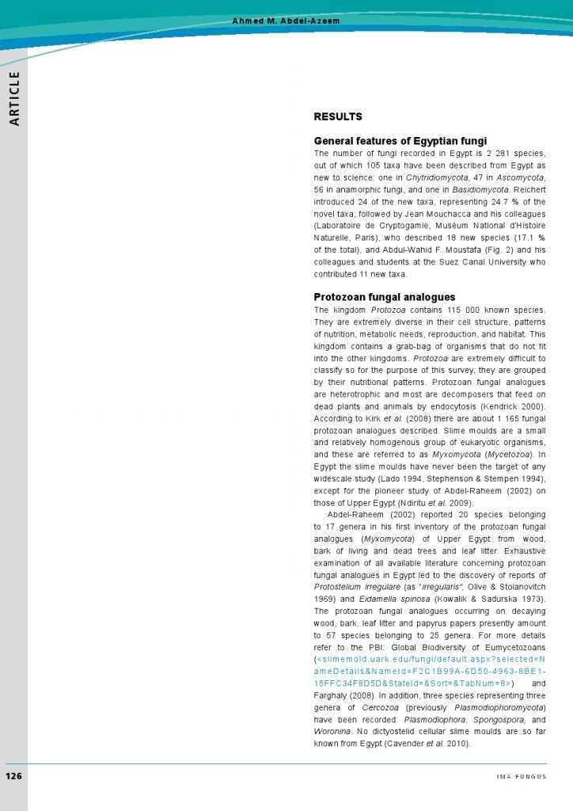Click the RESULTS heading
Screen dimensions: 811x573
coord(338,116)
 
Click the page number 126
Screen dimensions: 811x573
coord(14,775)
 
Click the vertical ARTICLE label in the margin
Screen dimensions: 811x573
coord(14,99)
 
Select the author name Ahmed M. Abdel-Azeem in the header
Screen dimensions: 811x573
coord(286,21)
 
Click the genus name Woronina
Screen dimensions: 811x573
coord(333,731)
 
